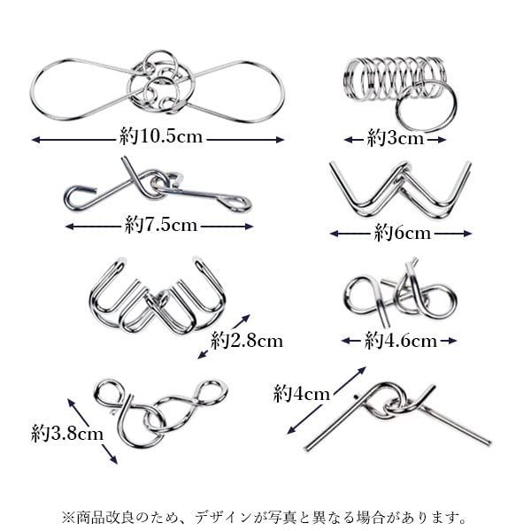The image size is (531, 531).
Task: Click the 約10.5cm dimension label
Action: point(161,137)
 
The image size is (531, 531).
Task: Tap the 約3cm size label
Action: point(396,139)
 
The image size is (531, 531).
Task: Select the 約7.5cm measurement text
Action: point(161,225)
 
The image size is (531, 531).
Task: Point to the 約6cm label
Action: point(403,233)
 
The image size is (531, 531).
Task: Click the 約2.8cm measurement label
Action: point(247,341)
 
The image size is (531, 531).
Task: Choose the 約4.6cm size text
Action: point(401,341)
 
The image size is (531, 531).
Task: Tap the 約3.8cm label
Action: point(67,433)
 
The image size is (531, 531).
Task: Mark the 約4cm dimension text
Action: point(302,394)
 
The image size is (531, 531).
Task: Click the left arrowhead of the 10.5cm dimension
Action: point(35,140)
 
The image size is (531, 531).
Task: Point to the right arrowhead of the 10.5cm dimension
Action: point(280,140)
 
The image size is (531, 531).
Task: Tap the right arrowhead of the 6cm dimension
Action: point(467,234)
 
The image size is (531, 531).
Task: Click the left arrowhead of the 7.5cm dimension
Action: point(69,227)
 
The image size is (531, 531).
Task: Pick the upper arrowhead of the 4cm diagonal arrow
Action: point(362,370)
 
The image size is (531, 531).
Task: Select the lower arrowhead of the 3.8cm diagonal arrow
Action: point(113,459)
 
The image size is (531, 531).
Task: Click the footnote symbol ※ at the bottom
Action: point(68,518)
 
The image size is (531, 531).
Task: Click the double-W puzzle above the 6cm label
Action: point(401,189)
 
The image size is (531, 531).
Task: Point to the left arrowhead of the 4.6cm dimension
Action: point(346,341)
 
